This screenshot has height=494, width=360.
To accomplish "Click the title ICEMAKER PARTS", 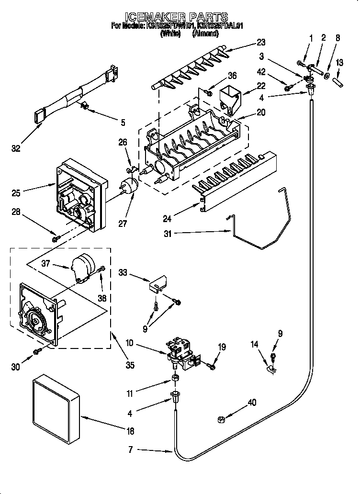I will point(180,17).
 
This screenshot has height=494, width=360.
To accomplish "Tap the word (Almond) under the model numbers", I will point(205,34).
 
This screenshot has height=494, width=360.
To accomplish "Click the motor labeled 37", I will point(82,269).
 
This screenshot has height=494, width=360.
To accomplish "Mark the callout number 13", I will point(339,62).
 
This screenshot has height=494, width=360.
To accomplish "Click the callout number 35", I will point(130,365).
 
